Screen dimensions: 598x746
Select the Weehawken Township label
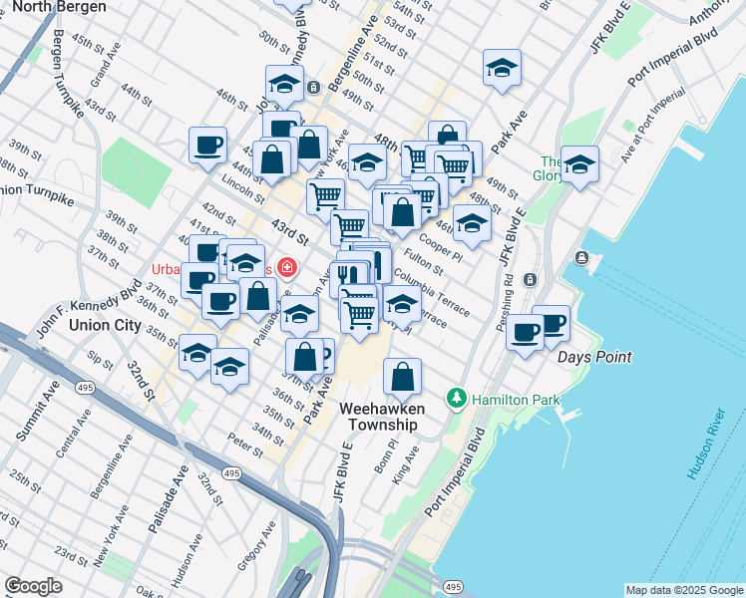coord(383,417)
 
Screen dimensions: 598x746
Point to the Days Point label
coord(594,357)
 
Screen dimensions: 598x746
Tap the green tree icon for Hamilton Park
coord(457,399)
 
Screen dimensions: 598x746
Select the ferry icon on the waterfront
coord(582,259)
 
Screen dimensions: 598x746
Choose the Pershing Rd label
coord(509,302)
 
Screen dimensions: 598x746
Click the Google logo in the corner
coord(33,586)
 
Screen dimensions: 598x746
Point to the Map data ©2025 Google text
coord(683,590)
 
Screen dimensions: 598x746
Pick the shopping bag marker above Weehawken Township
coord(402,378)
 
